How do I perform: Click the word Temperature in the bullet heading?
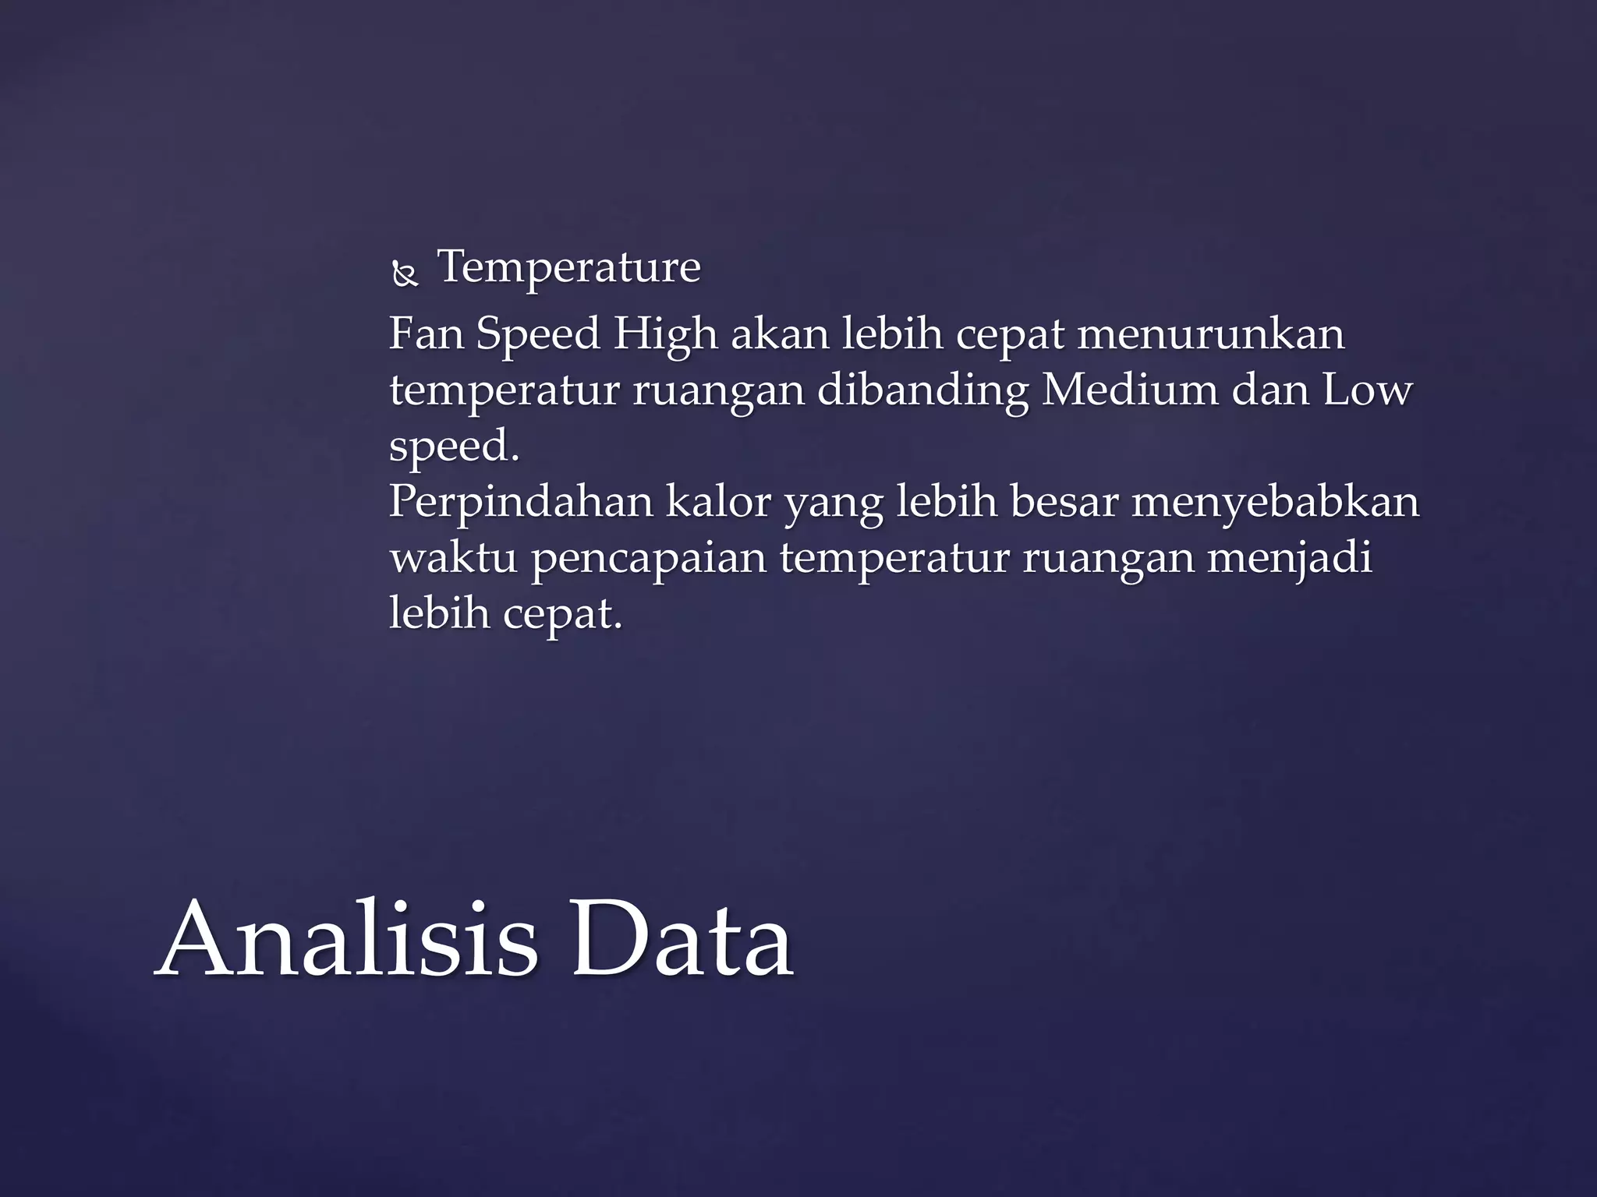pyautogui.click(x=569, y=268)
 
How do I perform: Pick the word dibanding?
pyautogui.click(x=922, y=390)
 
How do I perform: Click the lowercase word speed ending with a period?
pyautogui.click(x=453, y=447)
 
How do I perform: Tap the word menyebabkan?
pyautogui.click(x=1276, y=503)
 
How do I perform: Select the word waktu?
pyautogui.click(x=453, y=558)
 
